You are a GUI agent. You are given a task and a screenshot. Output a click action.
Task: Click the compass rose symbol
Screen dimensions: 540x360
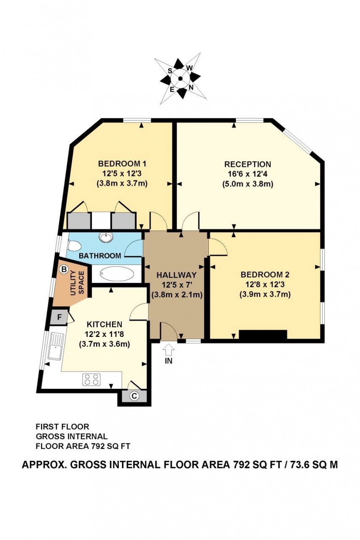coord(180,78)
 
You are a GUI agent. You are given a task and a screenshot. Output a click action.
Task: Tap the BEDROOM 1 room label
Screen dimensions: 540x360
coord(122,164)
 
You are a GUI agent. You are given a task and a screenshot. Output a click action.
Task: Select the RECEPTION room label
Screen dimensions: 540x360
coord(248,164)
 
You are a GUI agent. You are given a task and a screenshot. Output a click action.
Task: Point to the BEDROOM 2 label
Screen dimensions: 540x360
coord(265,275)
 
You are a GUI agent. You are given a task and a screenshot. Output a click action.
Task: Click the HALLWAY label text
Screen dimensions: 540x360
coord(176,275)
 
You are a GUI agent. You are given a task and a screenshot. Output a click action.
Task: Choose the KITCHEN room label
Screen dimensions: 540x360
coord(104,324)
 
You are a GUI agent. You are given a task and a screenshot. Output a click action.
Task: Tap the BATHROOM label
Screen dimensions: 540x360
coord(100,256)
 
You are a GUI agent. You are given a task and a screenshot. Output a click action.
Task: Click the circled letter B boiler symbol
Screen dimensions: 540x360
coord(64,269)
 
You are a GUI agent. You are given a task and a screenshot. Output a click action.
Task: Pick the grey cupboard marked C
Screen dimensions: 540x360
coord(134,396)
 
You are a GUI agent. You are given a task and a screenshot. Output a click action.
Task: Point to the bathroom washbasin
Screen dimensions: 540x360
coord(106,238)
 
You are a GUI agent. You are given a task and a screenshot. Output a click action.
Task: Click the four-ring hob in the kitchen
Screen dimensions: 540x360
coord(92,379)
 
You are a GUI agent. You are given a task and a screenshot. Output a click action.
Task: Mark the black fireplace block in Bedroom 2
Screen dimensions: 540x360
coord(263,335)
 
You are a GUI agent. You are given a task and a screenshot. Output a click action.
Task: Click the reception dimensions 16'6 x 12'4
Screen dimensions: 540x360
coord(248,174)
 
